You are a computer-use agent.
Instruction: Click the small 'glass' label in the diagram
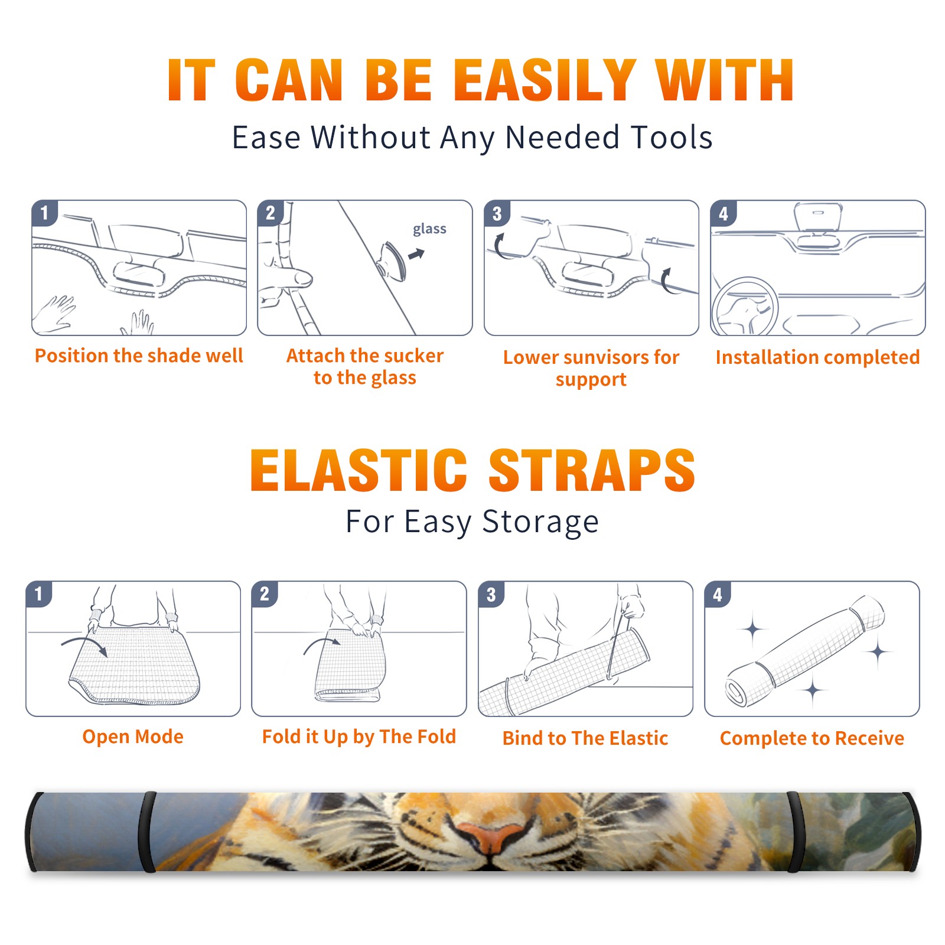pyautogui.click(x=429, y=229)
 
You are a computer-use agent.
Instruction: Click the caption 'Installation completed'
pyautogui.click(x=817, y=357)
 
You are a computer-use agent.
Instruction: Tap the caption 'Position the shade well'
pyautogui.click(x=139, y=356)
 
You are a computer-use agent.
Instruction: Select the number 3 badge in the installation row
pyautogui.click(x=497, y=213)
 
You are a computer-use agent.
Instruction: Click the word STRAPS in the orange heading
pyautogui.click(x=592, y=470)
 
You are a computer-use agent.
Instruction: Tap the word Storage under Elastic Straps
pyautogui.click(x=540, y=522)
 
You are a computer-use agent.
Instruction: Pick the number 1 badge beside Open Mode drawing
pyautogui.click(x=39, y=594)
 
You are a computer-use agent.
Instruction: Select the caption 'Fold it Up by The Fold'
pyautogui.click(x=359, y=737)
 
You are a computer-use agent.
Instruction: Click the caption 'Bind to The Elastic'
pyautogui.click(x=585, y=738)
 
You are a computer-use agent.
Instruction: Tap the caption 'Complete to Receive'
pyautogui.click(x=812, y=738)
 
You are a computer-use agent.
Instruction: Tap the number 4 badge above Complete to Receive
pyautogui.click(x=718, y=594)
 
